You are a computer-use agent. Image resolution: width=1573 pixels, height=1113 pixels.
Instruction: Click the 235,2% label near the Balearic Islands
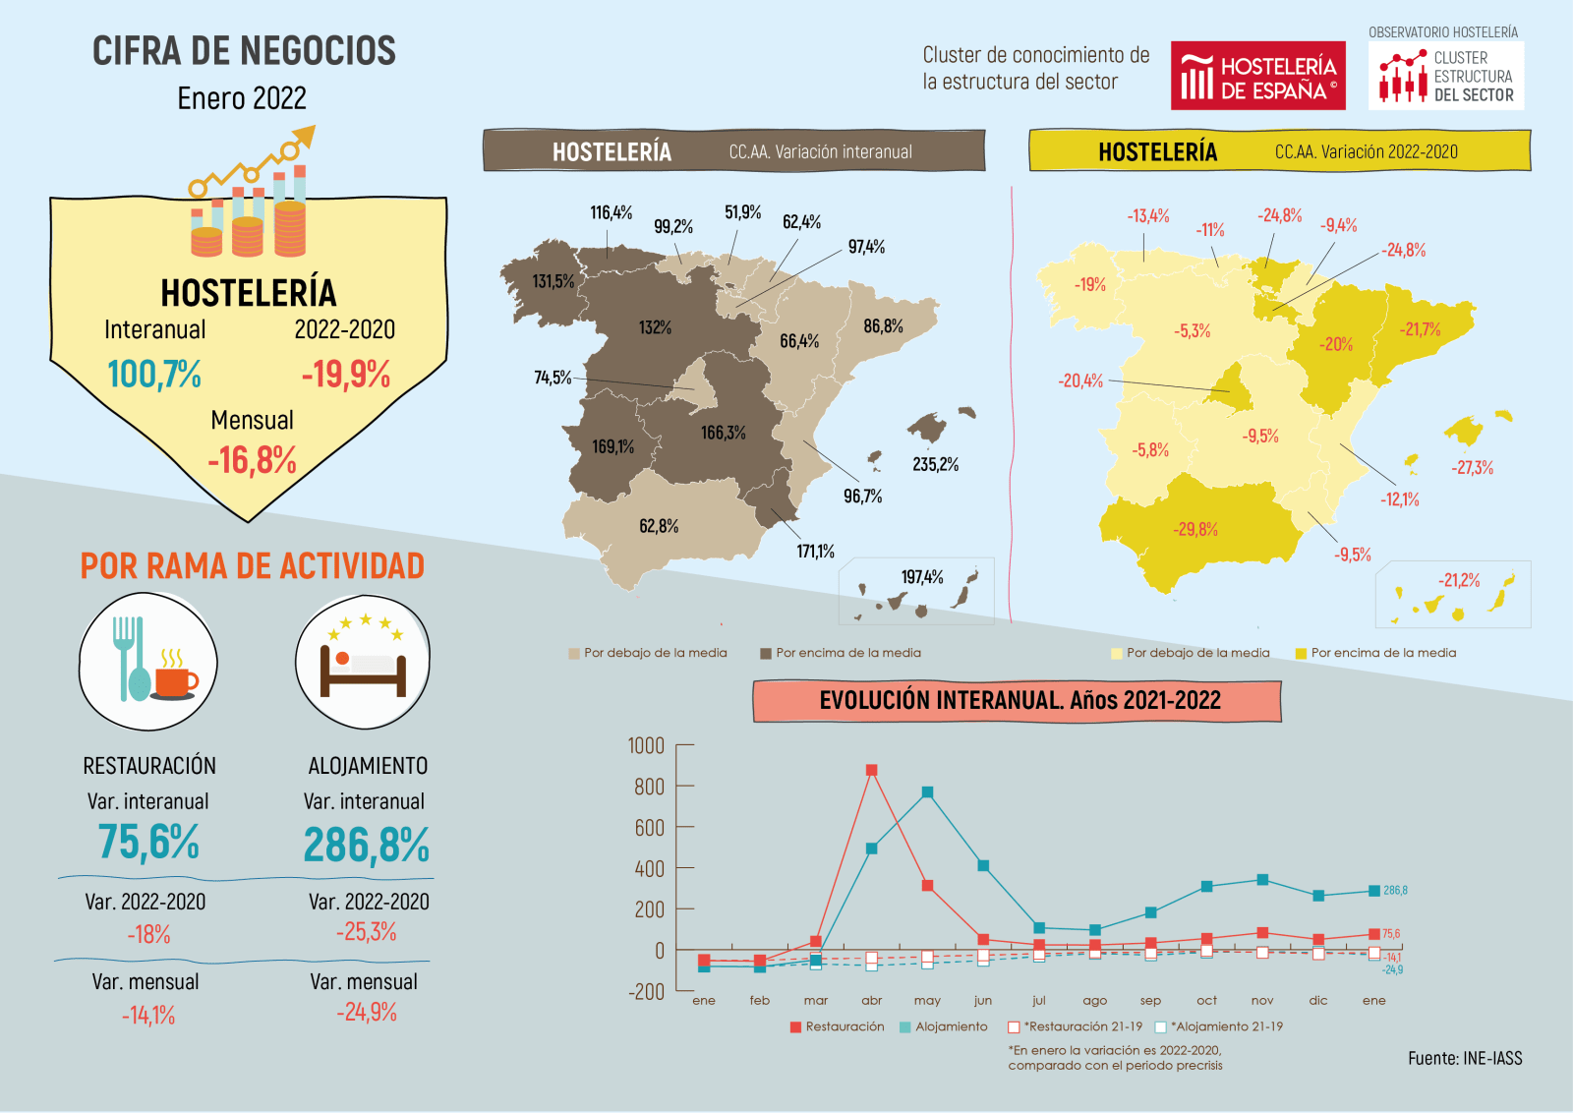click(x=935, y=464)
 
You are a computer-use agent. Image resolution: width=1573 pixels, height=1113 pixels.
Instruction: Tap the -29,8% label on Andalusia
click(x=1195, y=529)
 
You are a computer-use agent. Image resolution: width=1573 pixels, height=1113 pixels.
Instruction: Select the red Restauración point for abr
click(x=871, y=771)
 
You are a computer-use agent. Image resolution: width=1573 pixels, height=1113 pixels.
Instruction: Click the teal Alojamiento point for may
click(x=927, y=792)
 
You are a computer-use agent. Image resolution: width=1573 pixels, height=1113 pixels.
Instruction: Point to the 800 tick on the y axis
click(x=649, y=787)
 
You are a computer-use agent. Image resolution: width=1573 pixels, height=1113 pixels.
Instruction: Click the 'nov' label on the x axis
click(x=1262, y=1001)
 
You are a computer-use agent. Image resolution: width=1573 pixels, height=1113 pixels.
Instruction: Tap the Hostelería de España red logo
click(x=1258, y=77)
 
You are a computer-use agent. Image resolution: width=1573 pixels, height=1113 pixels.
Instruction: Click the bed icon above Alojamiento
click(x=363, y=663)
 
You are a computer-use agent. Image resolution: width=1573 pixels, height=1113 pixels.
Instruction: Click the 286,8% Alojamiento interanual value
click(x=366, y=845)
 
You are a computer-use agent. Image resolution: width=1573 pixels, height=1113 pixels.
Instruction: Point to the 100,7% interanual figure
click(x=154, y=375)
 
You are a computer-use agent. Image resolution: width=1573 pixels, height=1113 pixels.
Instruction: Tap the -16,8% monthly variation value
click(x=252, y=460)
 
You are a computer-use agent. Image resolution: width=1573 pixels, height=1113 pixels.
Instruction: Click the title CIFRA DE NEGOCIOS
click(x=244, y=51)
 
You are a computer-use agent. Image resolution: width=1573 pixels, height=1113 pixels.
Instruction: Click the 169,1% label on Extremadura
click(x=612, y=447)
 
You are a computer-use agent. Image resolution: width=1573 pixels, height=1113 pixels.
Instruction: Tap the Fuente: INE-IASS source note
click(x=1464, y=1059)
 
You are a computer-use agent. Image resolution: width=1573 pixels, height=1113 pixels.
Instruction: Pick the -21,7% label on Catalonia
click(x=1420, y=329)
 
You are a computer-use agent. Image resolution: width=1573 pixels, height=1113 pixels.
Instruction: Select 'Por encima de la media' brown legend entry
click(x=842, y=653)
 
